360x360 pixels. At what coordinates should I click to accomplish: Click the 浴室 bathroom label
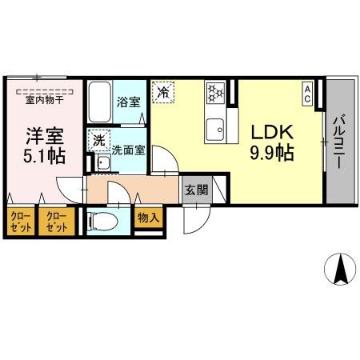128,102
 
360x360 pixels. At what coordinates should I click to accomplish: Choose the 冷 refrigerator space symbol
162,93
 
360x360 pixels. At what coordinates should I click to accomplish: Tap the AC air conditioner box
308,91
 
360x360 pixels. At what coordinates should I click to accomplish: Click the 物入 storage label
148,216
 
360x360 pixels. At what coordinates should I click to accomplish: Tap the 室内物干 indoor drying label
45,100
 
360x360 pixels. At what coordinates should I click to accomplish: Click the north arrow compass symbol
340,268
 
